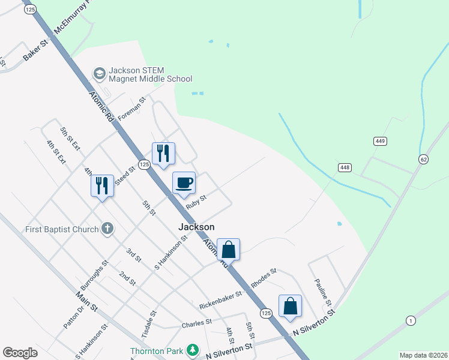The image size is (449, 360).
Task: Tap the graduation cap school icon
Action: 99,73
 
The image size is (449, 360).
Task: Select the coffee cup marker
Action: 184,182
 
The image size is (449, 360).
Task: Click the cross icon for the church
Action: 107,228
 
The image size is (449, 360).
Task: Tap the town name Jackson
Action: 196,227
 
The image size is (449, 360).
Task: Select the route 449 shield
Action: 379,141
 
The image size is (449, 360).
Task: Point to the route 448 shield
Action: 344,167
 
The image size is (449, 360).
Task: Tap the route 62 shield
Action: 423,159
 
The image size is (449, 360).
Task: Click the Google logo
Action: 20,353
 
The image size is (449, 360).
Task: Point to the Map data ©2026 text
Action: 423,355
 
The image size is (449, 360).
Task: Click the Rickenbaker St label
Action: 220,295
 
